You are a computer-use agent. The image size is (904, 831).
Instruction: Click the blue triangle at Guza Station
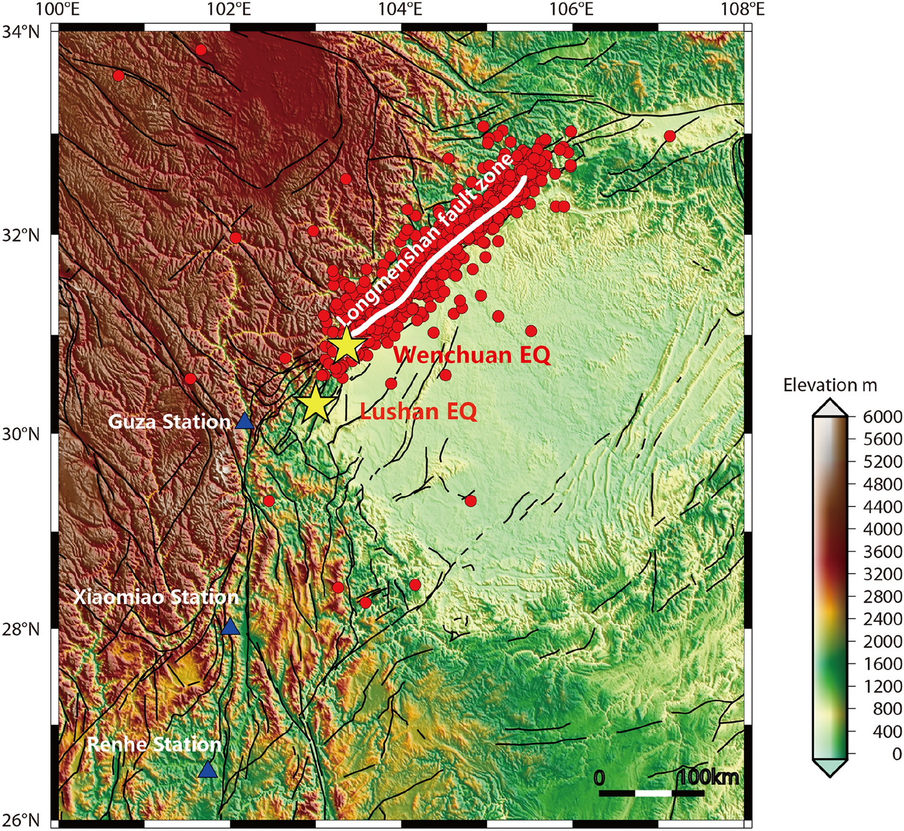click(x=244, y=422)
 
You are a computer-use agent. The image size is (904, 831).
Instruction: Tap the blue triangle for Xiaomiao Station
click(x=230, y=627)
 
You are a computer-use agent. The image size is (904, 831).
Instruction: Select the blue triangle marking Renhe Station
click(x=208, y=770)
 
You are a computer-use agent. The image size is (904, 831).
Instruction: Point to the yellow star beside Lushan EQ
click(x=315, y=403)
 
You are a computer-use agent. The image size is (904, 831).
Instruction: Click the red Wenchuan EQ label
click(x=472, y=355)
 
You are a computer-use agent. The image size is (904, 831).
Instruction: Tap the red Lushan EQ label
click(x=419, y=412)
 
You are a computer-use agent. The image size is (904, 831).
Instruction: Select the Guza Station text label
click(x=169, y=422)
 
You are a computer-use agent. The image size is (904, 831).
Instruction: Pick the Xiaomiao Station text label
click(x=156, y=597)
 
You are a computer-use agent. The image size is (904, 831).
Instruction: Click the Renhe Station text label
click(x=154, y=744)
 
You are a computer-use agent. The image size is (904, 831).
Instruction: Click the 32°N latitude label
click(x=21, y=235)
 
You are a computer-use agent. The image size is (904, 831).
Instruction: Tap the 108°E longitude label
click(x=744, y=9)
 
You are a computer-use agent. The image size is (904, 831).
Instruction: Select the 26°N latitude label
click(x=21, y=820)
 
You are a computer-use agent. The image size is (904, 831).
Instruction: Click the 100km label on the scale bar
click(x=708, y=777)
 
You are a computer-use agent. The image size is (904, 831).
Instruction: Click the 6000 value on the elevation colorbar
click(x=882, y=417)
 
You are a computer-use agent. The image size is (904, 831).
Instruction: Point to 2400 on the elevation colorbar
click(x=882, y=619)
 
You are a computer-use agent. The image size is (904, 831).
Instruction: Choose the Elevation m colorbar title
click(x=830, y=385)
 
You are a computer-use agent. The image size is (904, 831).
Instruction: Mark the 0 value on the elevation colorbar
click(x=897, y=754)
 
